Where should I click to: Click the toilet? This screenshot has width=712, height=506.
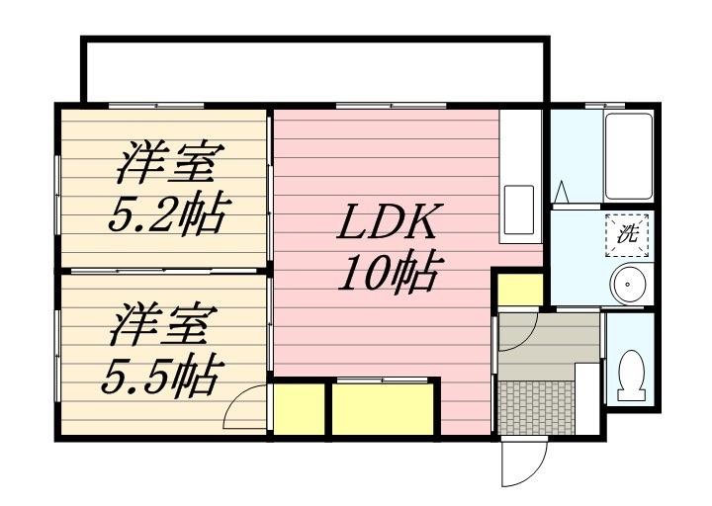629,377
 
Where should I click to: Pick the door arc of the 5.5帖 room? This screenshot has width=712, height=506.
244,408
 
